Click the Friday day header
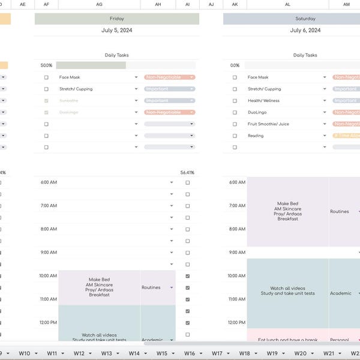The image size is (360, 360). tap(116, 19)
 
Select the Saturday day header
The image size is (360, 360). tap(305, 19)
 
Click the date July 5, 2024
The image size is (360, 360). tap(116, 30)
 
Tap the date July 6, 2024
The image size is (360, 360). tap(305, 30)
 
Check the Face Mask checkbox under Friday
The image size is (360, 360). tap(46, 77)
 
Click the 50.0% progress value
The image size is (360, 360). tap(46, 65)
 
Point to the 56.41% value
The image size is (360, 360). tap(187, 173)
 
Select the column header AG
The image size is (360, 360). tap(99, 4)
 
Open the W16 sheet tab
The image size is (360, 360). tap(189, 353)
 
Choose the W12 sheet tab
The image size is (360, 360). tap(79, 353)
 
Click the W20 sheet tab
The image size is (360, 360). tap(300, 353)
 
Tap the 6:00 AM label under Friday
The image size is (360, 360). tap(49, 182)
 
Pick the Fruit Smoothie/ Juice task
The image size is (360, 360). tap(268, 124)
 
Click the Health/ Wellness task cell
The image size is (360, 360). tap(263, 101)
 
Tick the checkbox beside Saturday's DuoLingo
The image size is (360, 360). tap(235, 112)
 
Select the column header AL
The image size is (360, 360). tap(287, 4)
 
